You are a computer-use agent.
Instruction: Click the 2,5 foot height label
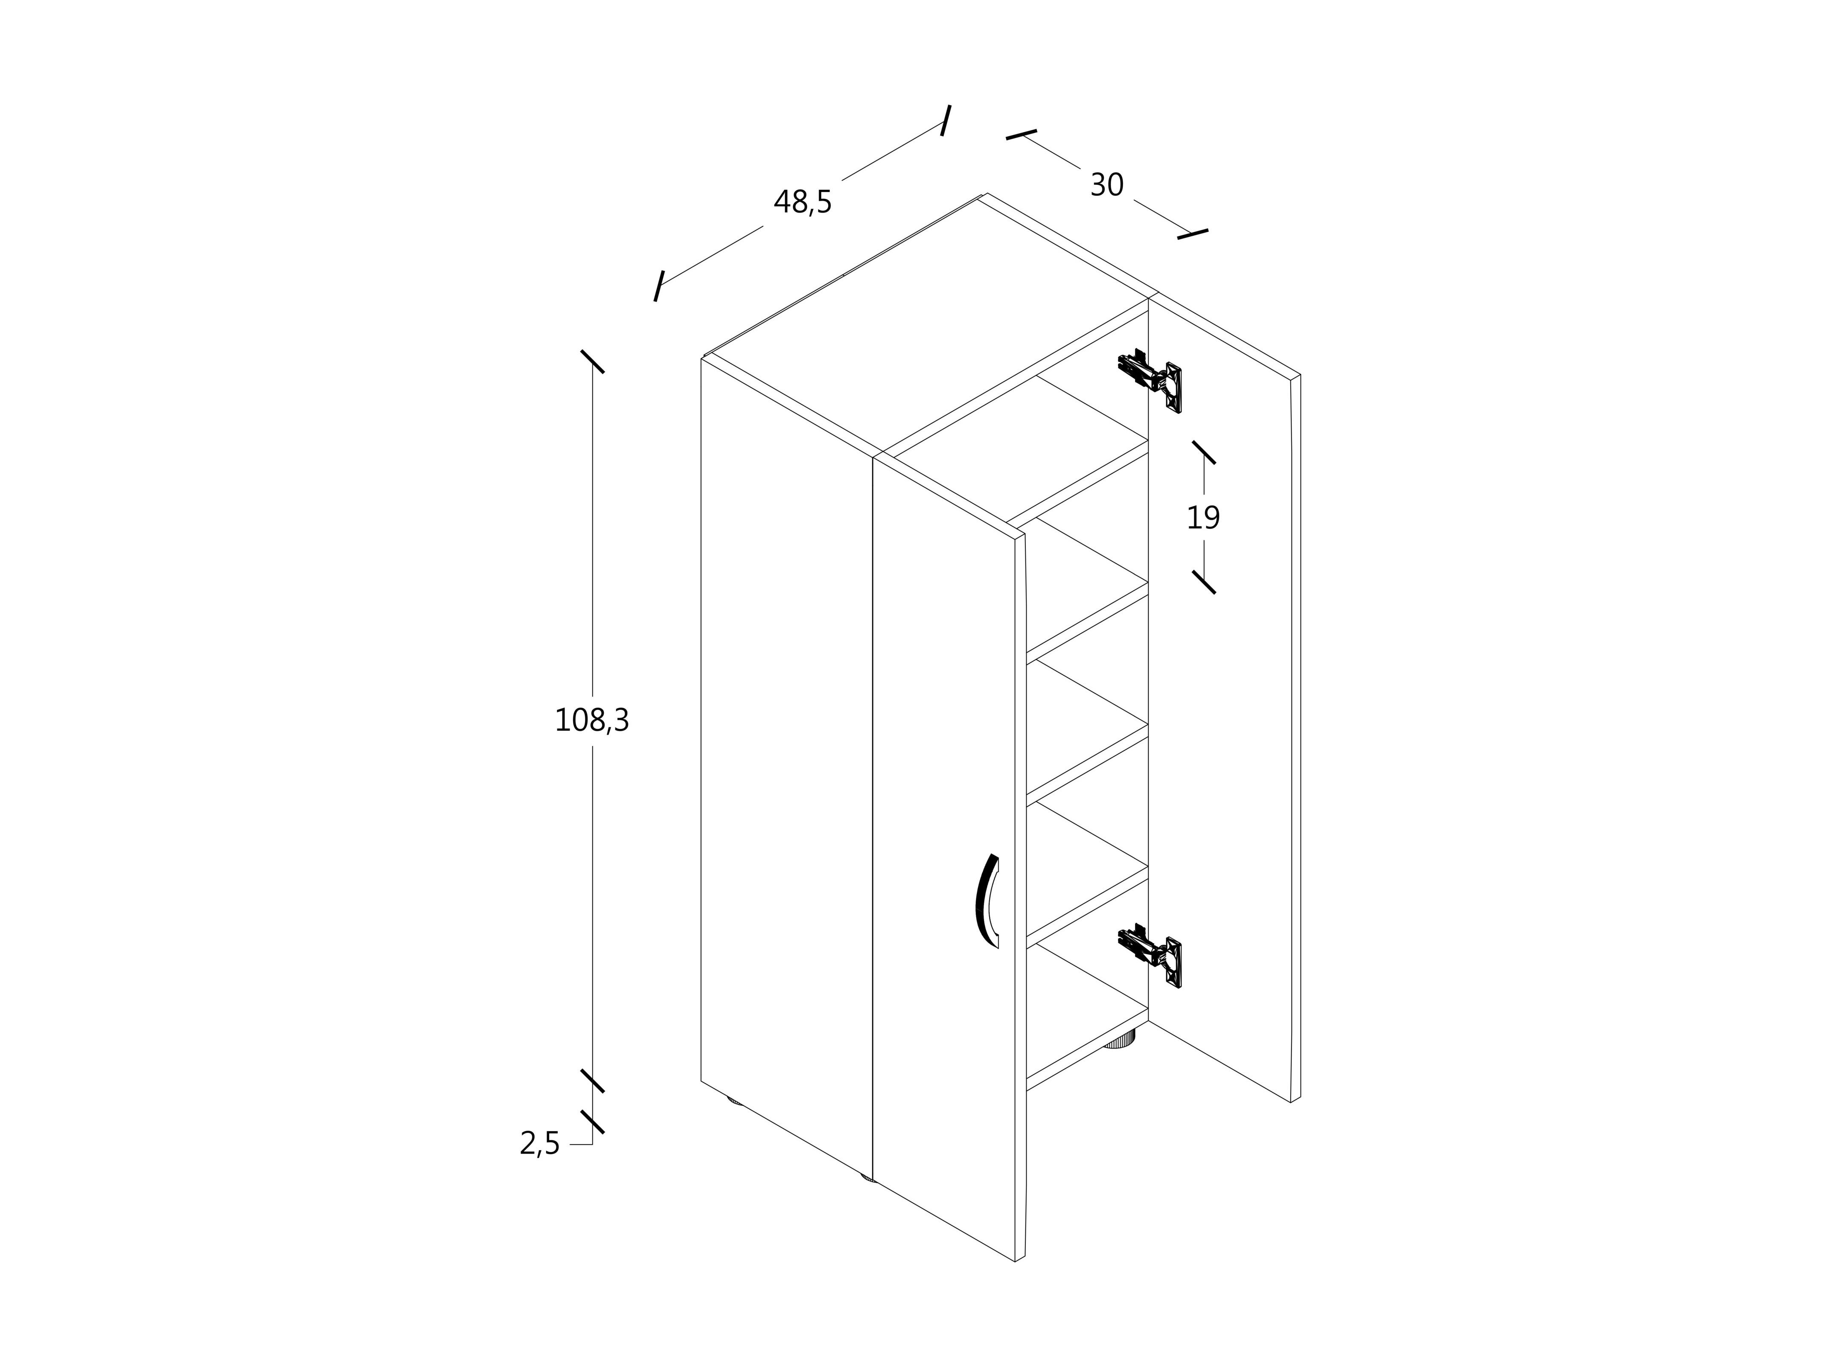[539, 1144]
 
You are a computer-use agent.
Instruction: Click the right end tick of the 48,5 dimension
[946, 120]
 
